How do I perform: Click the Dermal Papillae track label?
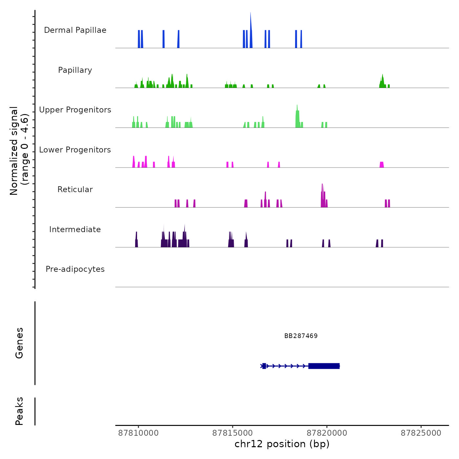coord(75,30)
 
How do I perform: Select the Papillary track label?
coord(75,70)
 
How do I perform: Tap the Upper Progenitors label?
coord(75,110)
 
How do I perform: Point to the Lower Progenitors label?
coord(75,150)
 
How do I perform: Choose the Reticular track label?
coord(75,190)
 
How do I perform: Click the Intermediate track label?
coord(75,229)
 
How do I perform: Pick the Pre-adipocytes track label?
coord(75,269)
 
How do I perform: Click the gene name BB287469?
coord(301,336)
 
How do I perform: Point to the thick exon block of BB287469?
coord(324,366)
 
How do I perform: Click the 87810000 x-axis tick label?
coord(138,433)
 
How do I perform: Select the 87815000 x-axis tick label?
coord(233,433)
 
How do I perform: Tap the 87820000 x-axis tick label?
coord(327,433)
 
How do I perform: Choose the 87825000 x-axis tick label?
coord(421,433)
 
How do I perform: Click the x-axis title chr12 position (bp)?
coord(282,444)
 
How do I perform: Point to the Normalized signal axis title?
coord(19,150)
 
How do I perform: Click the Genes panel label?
coord(19,343)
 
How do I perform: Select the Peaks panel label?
coord(19,411)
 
